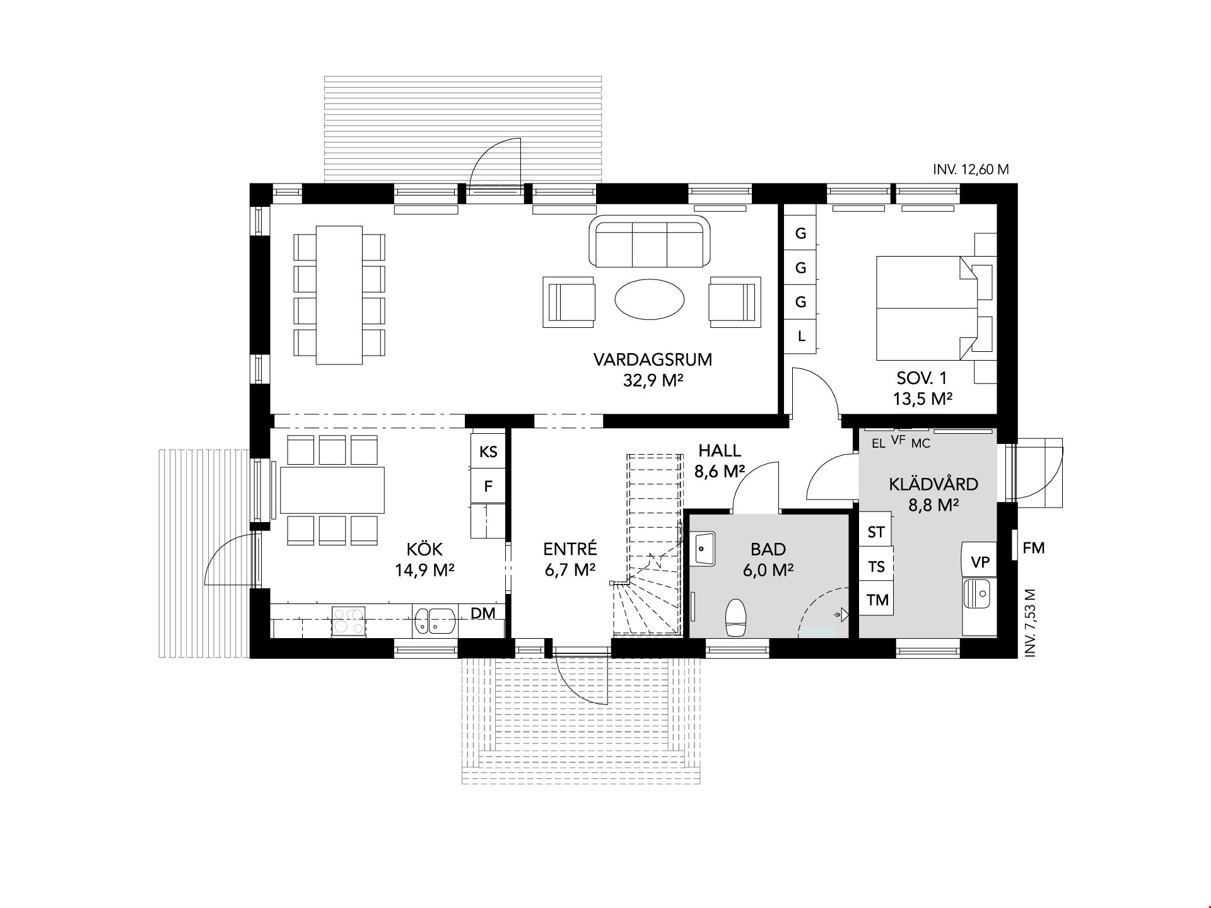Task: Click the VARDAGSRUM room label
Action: click(x=652, y=360)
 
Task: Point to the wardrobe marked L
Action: click(x=800, y=335)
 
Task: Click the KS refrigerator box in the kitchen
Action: click(x=488, y=451)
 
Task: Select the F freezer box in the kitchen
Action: click(x=488, y=486)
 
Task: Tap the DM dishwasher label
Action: click(x=483, y=613)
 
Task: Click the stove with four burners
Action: click(x=349, y=620)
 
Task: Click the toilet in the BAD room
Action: click(x=736, y=617)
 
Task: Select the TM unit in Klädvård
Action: click(x=877, y=600)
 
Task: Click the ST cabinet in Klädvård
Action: click(x=877, y=532)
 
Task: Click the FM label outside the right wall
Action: click(x=1034, y=549)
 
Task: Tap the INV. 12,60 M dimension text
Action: click(x=971, y=170)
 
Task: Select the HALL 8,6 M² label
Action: click(x=720, y=461)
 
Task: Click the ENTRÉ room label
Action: click(x=570, y=549)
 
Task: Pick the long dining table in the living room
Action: click(x=339, y=295)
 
